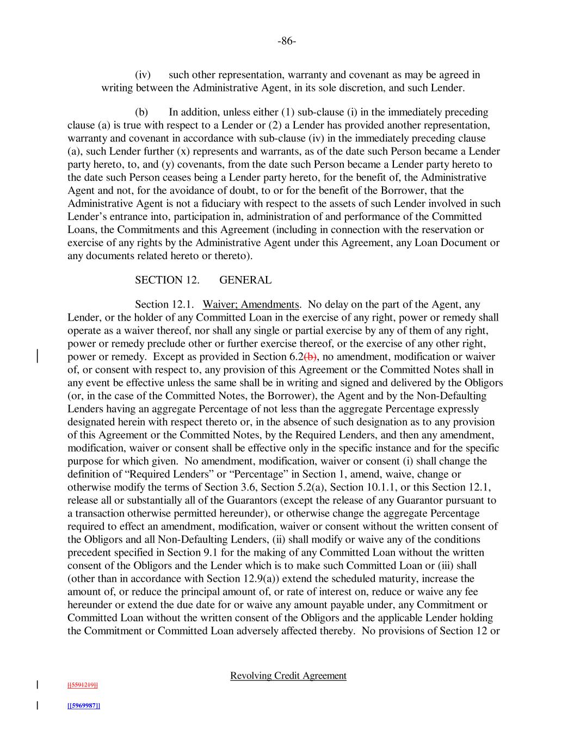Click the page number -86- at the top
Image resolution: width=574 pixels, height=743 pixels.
(x=286, y=41)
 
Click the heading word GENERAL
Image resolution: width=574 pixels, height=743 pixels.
(x=245, y=280)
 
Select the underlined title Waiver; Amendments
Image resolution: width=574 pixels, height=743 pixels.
(x=251, y=304)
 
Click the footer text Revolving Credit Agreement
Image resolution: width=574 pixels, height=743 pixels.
(x=288, y=676)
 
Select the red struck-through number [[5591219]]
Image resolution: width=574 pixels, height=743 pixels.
(x=82, y=685)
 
